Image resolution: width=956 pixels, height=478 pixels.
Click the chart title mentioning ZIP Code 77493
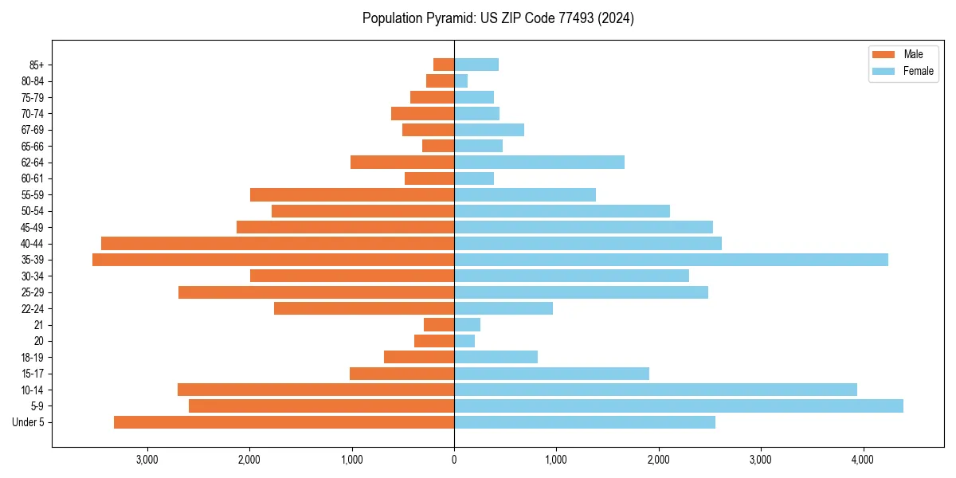click(x=498, y=18)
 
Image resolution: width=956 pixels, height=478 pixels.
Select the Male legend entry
click(x=903, y=54)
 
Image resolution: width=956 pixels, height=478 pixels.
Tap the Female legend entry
click(x=903, y=71)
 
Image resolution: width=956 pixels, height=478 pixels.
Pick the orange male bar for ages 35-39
click(x=273, y=260)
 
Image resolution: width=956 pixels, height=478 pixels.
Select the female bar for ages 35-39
click(x=671, y=260)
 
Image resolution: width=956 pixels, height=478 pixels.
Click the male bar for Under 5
click(x=284, y=422)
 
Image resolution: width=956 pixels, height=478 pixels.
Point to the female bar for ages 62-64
click(x=539, y=163)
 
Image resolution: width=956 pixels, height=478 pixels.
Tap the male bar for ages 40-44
click(x=277, y=243)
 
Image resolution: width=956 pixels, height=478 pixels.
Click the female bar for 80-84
click(x=460, y=80)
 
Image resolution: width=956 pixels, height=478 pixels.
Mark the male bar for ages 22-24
click(x=364, y=308)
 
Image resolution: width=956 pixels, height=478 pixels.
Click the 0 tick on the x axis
click(x=454, y=460)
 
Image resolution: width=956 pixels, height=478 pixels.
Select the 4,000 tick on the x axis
click(x=863, y=460)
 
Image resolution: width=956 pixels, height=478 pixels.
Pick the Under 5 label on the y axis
click(x=29, y=422)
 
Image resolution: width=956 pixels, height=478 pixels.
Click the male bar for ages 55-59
click(x=352, y=195)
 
